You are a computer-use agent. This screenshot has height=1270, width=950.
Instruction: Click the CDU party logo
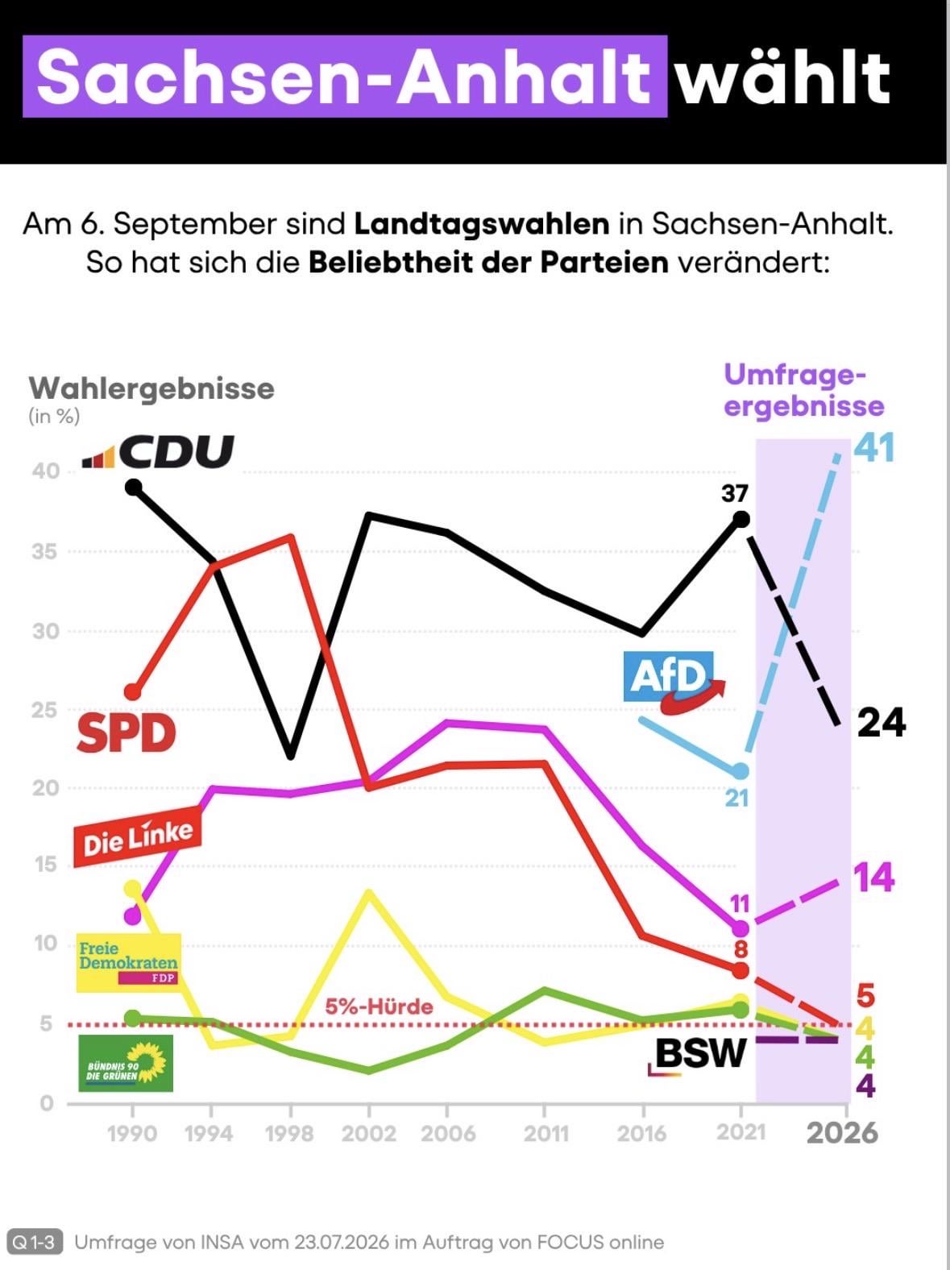click(x=158, y=451)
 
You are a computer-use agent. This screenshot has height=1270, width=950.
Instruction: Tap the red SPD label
click(x=127, y=733)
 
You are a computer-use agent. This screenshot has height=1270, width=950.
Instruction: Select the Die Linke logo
click(x=138, y=836)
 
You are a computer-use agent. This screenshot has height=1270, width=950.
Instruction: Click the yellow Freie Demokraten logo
click(x=129, y=963)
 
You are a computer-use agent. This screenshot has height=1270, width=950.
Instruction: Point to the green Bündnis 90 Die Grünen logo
click(x=126, y=1064)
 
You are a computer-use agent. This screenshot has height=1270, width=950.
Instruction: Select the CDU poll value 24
click(x=882, y=723)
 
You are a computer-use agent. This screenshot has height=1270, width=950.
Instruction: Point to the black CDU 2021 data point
click(x=741, y=520)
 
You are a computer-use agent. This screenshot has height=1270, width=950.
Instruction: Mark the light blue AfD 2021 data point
click(x=741, y=771)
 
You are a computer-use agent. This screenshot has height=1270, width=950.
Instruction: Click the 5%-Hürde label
click(x=379, y=1007)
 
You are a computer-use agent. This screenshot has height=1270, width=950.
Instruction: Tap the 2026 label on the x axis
click(x=842, y=1133)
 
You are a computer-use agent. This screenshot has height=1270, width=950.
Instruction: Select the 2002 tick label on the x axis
click(x=368, y=1134)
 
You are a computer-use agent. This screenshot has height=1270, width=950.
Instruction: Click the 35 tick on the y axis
click(x=46, y=552)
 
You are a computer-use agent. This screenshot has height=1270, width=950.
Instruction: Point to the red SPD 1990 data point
click(x=133, y=691)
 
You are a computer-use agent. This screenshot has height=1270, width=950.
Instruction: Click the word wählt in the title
click(x=783, y=77)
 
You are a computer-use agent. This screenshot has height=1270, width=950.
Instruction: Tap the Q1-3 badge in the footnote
click(x=34, y=1243)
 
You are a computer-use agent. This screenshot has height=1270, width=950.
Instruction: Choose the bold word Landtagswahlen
click(x=481, y=225)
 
